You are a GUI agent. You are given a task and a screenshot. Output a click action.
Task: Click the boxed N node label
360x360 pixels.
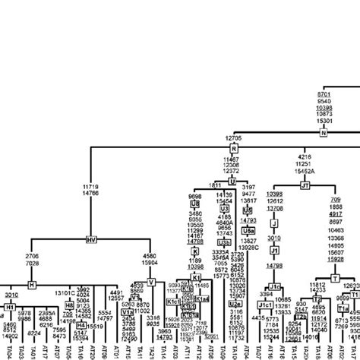[x=323, y=132]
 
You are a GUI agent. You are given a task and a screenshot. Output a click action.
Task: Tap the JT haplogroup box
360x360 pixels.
[x=306, y=185]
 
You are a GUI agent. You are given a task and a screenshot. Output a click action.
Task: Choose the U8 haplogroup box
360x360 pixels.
[x=195, y=205]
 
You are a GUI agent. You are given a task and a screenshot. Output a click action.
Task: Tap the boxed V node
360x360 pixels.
[x=151, y=282]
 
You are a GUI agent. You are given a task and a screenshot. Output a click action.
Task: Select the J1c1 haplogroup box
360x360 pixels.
[x=265, y=305]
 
